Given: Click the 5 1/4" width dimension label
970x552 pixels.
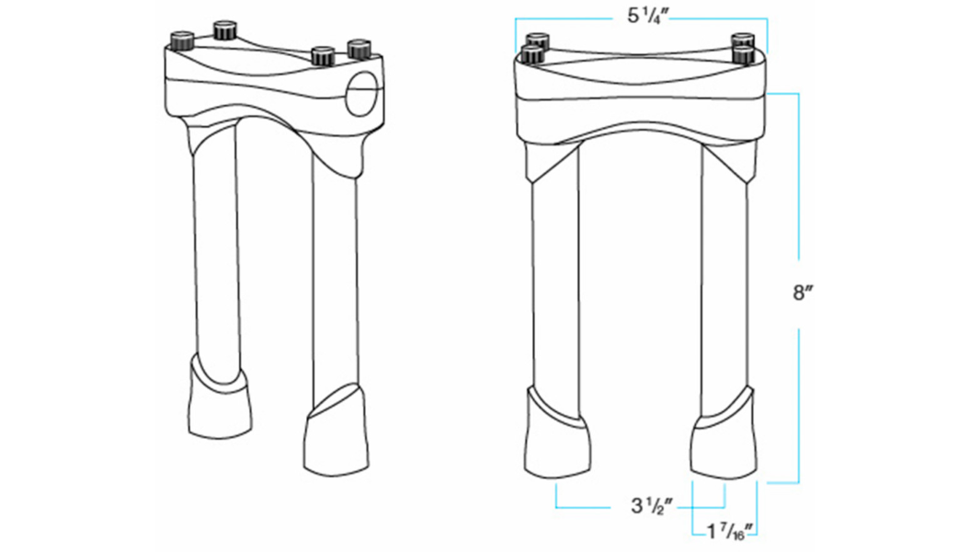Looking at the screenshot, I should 641,15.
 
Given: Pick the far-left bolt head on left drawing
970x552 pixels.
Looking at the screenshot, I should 182,40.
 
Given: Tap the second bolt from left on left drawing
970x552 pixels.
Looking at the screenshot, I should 224,31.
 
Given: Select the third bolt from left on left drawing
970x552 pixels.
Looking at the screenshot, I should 322,55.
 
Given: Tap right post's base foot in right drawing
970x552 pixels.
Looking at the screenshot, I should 725,447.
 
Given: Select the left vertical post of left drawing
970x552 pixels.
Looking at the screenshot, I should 215,248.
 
